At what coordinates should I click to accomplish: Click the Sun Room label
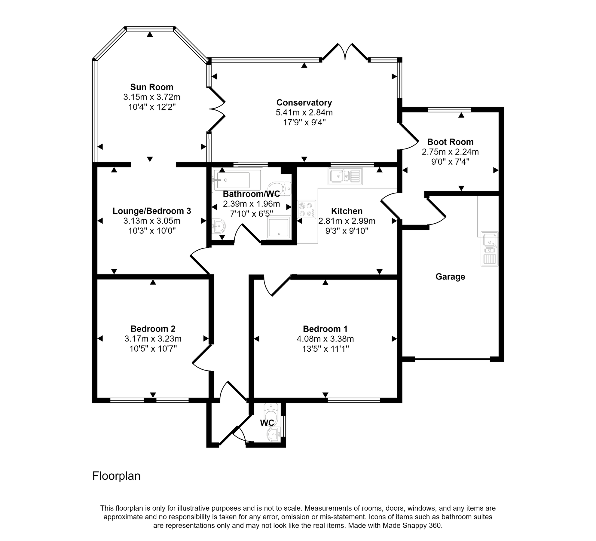151,87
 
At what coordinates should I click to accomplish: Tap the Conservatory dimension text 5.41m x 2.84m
304,113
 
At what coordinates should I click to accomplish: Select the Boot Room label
450,142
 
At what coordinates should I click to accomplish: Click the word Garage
450,277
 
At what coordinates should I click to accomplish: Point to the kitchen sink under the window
345,176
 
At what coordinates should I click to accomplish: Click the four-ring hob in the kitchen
307,209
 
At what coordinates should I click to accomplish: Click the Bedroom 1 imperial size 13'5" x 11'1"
325,349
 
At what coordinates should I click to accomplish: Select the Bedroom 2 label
153,329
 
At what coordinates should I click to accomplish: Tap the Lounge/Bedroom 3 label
151,211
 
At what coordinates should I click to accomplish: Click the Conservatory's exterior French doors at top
345,53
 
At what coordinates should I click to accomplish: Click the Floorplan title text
116,476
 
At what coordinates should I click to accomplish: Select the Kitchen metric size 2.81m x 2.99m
347,221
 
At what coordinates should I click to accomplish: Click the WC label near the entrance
267,423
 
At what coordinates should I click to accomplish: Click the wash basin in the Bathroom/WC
219,226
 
